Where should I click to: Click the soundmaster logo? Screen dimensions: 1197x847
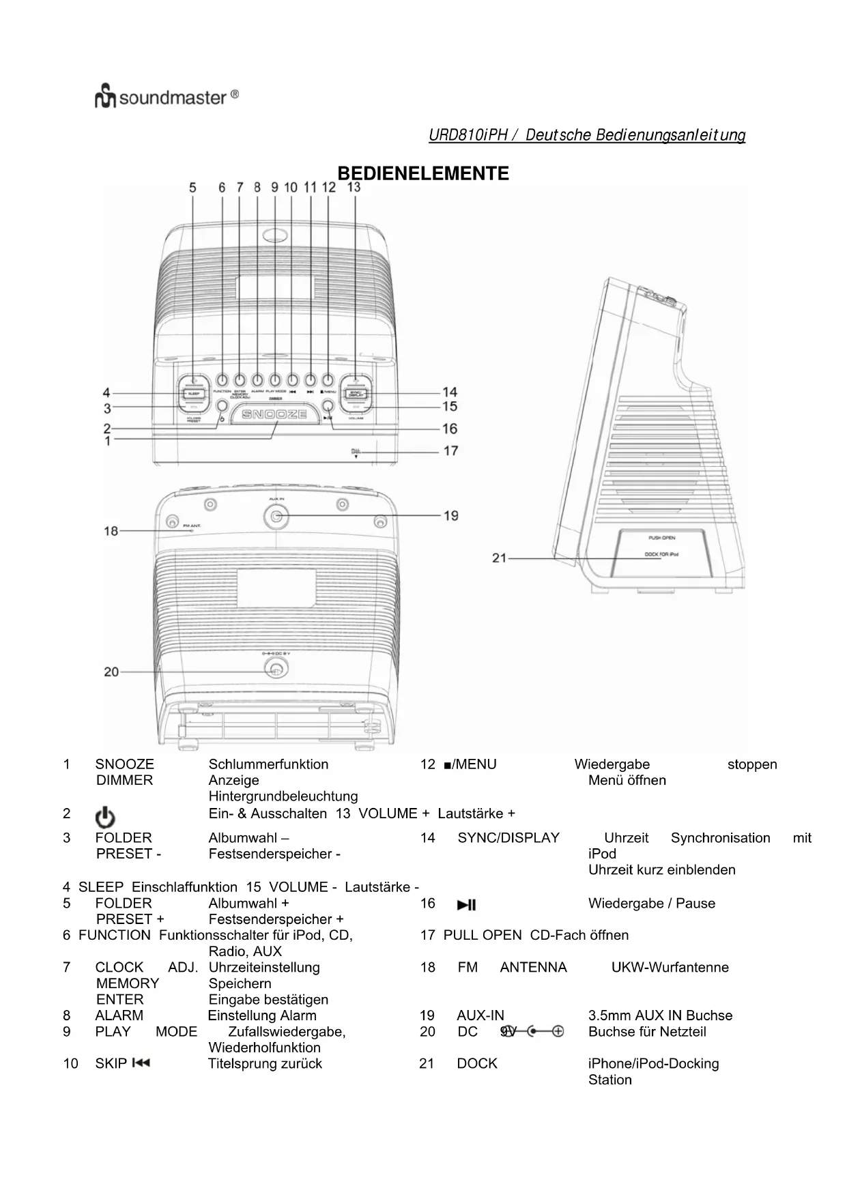(167, 98)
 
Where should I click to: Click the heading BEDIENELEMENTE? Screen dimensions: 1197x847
(423, 173)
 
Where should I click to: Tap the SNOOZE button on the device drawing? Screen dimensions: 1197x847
(275, 414)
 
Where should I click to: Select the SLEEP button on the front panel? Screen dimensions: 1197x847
(193, 394)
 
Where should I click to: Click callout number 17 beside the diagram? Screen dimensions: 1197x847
(450, 450)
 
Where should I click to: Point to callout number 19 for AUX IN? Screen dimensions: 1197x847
(450, 515)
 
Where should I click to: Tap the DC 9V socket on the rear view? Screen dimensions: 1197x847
(275, 670)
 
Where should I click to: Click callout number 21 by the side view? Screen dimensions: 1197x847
(499, 558)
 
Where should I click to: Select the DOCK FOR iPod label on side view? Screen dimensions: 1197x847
(661, 554)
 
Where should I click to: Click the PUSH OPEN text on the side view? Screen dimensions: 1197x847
(661, 538)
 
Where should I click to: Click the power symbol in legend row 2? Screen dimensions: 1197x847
(105, 817)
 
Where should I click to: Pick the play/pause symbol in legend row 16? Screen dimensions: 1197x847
(467, 905)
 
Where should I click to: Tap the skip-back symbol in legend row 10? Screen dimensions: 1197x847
(141, 1063)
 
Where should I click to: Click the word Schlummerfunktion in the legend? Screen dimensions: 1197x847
(268, 764)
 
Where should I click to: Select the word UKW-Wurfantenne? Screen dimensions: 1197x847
(670, 967)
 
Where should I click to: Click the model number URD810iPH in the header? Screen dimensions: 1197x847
(468, 135)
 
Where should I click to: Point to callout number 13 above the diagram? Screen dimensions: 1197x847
(354, 186)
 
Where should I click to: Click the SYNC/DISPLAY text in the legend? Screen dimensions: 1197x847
(508, 837)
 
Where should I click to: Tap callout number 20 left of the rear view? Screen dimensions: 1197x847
(111, 672)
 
